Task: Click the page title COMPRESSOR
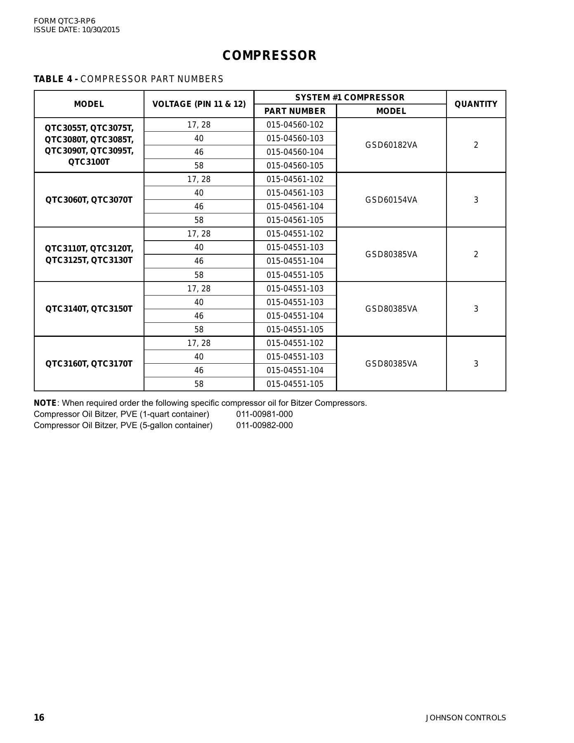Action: click(269, 56)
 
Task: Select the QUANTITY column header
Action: click(476, 104)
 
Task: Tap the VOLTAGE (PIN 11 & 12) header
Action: click(199, 104)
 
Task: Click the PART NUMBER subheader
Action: click(295, 111)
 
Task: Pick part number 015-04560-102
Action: click(295, 125)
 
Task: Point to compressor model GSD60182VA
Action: click(391, 145)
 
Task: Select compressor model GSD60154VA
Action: click(391, 200)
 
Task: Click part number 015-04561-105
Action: click(295, 220)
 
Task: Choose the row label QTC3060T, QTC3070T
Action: click(89, 200)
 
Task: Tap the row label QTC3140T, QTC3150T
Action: click(89, 309)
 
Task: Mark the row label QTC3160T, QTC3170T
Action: click(89, 364)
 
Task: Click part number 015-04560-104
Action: click(295, 152)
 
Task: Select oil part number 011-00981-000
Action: click(265, 414)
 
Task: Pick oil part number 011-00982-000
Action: click(265, 425)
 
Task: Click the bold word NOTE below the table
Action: click(45, 403)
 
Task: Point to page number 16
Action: click(39, 717)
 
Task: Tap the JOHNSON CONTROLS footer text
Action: click(465, 718)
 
